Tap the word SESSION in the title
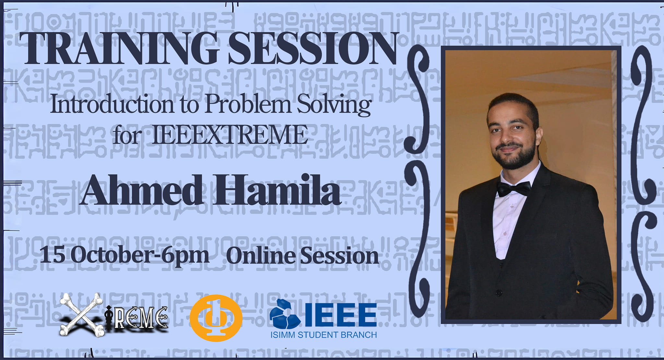(x=313, y=49)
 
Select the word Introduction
(x=112, y=104)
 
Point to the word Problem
(x=248, y=104)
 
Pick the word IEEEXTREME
(x=230, y=135)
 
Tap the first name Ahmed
(x=143, y=190)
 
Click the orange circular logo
(x=216, y=318)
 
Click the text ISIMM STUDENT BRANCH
(x=324, y=335)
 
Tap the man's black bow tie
(x=514, y=188)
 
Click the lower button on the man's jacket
(x=499, y=293)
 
